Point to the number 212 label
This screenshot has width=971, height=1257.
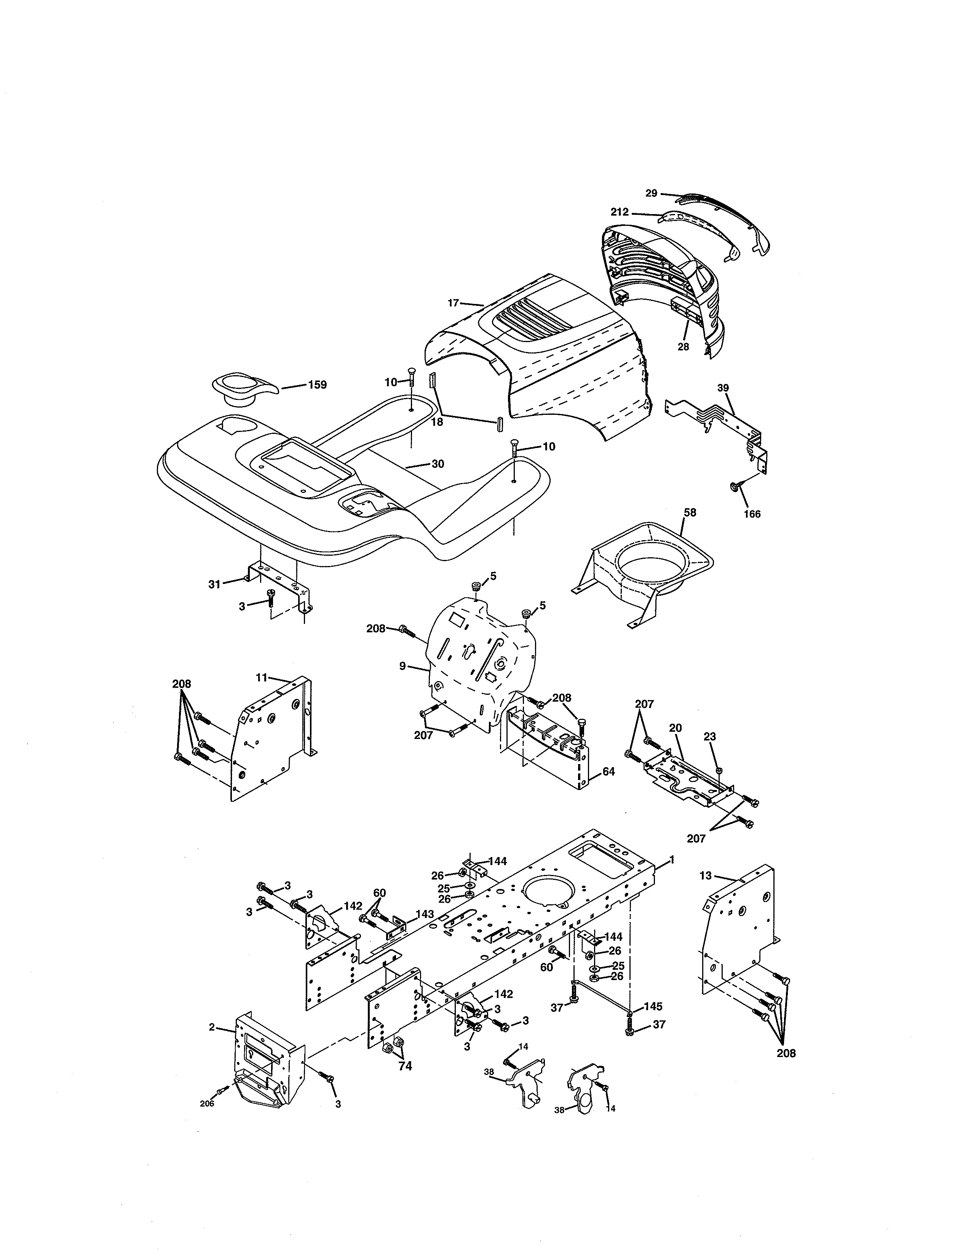click(x=620, y=212)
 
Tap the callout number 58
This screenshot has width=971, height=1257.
click(x=690, y=512)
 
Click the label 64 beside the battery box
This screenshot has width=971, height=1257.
click(x=608, y=771)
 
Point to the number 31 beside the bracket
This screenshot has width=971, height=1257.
click(x=214, y=584)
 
